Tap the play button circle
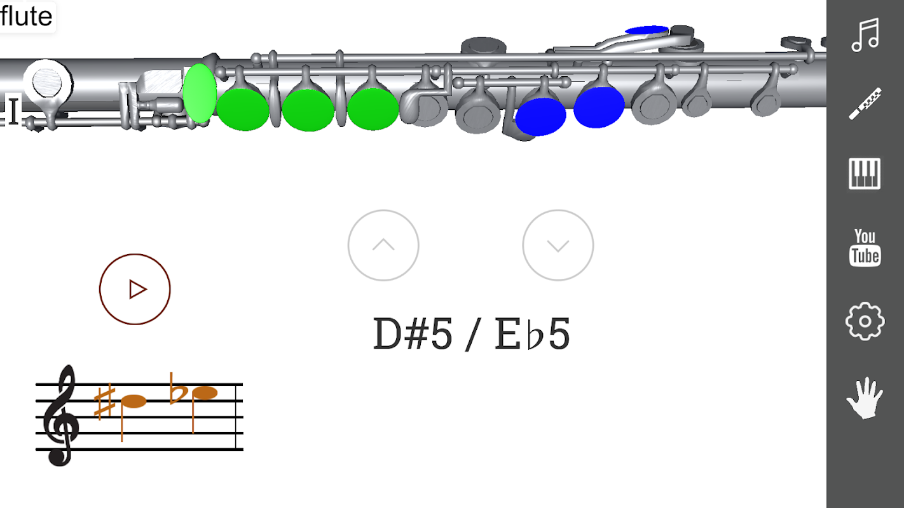coord(135,289)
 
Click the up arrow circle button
coord(383,245)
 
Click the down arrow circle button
coord(558,245)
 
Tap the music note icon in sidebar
coord(865,35)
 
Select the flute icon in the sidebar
coord(865,104)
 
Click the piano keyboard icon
coord(865,174)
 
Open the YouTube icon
coord(865,247)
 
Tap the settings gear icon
coord(865,321)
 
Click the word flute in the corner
coord(27,16)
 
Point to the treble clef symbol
coord(60,415)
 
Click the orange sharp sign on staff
coord(104,403)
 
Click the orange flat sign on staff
coord(177,389)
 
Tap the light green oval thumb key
coord(200,93)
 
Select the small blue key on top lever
coord(647,30)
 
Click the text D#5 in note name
coord(412,334)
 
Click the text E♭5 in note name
coord(532,334)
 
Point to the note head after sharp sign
coord(134,401)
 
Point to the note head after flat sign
coord(205,392)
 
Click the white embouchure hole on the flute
coord(47,83)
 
